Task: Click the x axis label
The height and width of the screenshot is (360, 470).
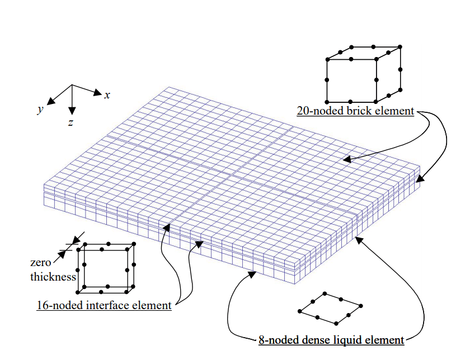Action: tap(107, 95)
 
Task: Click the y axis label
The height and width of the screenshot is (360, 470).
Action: tap(40, 110)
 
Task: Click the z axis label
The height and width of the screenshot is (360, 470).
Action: tap(70, 122)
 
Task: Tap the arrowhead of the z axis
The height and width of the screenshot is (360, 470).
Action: tap(72, 111)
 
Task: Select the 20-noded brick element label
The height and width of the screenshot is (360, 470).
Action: tap(355, 111)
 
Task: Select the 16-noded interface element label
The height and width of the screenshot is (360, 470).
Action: tap(104, 305)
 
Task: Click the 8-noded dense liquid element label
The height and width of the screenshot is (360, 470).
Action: tap(331, 339)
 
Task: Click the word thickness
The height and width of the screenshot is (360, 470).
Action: tap(54, 276)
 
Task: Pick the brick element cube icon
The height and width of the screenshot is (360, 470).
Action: tap(363, 70)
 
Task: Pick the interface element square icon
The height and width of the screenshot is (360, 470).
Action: tap(107, 267)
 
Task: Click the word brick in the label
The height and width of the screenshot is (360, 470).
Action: tap(350, 111)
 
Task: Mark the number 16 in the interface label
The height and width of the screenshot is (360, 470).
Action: tap(42, 305)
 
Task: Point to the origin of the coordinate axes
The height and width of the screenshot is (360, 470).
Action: tap(72, 86)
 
